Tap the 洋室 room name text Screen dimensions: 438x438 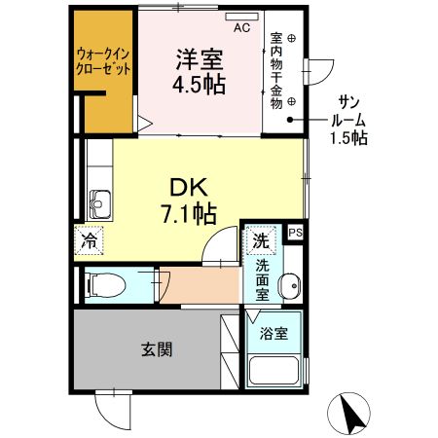[x=200, y=57]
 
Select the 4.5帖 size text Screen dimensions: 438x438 [x=200, y=85]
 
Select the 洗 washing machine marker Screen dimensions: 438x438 [x=261, y=239]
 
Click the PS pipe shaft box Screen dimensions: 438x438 [x=296, y=232]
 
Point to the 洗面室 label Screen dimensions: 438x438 [x=263, y=278]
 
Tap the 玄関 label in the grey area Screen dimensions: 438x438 [x=155, y=348]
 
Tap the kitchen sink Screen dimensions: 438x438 [x=100, y=203]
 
